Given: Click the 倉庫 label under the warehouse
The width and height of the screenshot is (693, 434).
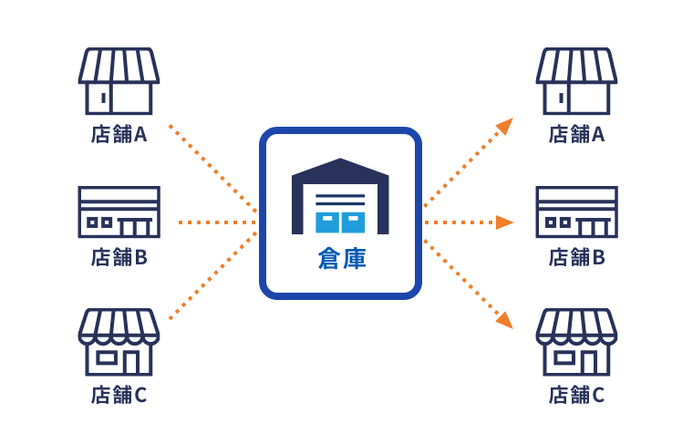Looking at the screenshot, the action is (x=342, y=259).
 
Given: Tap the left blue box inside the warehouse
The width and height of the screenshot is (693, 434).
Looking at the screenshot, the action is (x=327, y=222).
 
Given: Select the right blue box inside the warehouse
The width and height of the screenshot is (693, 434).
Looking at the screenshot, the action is (x=353, y=222).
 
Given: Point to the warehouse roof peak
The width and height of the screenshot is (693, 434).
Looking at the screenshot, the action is (x=340, y=160).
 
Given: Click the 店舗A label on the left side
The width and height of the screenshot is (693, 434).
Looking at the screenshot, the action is (x=119, y=134).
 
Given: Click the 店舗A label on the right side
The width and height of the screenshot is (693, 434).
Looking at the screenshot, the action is (x=577, y=134).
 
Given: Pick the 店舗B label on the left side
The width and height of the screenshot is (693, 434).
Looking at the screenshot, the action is (x=119, y=257).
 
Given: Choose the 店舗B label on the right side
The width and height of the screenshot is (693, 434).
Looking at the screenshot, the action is (x=577, y=257).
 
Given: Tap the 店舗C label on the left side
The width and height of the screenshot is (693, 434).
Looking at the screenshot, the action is (x=119, y=395).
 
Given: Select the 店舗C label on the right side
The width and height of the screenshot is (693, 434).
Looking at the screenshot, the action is (x=577, y=395).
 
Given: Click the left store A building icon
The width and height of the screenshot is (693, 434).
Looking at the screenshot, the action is (x=119, y=81).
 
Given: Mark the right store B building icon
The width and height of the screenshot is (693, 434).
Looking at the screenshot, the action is (x=577, y=212).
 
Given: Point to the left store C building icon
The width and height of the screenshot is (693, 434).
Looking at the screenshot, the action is (x=119, y=342).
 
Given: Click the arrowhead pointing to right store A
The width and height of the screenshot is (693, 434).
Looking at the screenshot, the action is (x=505, y=126).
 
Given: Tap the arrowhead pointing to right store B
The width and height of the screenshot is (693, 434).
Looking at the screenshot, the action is (x=505, y=222).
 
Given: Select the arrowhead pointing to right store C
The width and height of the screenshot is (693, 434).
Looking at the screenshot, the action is (x=505, y=320).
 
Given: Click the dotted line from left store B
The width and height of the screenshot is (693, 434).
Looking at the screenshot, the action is (x=217, y=222).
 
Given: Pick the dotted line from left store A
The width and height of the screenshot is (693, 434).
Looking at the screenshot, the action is (x=212, y=169).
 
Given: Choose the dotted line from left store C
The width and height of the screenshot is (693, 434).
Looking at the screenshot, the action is (x=212, y=275).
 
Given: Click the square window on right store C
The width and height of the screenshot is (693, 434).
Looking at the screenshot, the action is (x=564, y=357).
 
